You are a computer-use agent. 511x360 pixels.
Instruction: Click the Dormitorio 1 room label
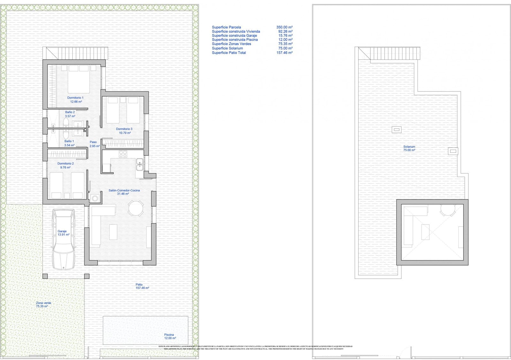[x=75, y=98]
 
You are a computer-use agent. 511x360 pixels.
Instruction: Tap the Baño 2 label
[x=70, y=112]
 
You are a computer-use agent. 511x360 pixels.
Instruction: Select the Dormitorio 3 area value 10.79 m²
[x=125, y=133]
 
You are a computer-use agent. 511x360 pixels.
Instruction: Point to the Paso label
[x=93, y=142]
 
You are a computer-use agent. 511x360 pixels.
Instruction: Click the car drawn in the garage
[x=64, y=239]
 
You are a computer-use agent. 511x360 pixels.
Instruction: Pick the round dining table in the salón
[x=136, y=208]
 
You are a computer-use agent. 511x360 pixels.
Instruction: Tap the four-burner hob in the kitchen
[x=123, y=154]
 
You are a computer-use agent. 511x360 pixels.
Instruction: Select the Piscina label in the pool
[x=169, y=335]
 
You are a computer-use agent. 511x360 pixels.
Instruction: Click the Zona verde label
[x=43, y=303]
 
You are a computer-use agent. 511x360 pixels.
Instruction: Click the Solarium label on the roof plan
[x=409, y=147]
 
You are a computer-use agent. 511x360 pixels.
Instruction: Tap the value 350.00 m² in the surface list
[x=284, y=27]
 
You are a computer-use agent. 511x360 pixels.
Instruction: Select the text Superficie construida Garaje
[x=234, y=35]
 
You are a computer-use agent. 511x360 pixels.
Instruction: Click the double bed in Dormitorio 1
[x=79, y=79]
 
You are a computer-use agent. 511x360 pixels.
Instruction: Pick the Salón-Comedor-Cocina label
[x=124, y=190]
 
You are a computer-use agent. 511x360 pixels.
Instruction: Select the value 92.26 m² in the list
[x=285, y=31]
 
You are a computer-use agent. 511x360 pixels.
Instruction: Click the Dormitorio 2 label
[x=65, y=164]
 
